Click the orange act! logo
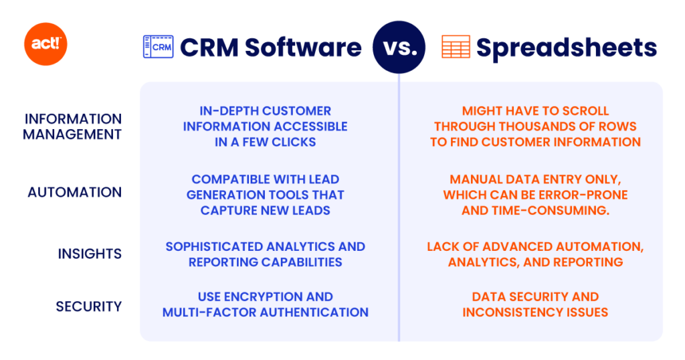pos(45,45)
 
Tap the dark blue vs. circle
pos(399,47)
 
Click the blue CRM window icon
pos(158,47)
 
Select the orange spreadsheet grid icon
pos(456,47)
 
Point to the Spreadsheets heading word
pos(566,48)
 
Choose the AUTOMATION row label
pos(74,193)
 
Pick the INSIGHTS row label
pos(89,254)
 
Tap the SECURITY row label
pos(88,306)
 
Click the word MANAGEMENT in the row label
pos(72,134)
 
